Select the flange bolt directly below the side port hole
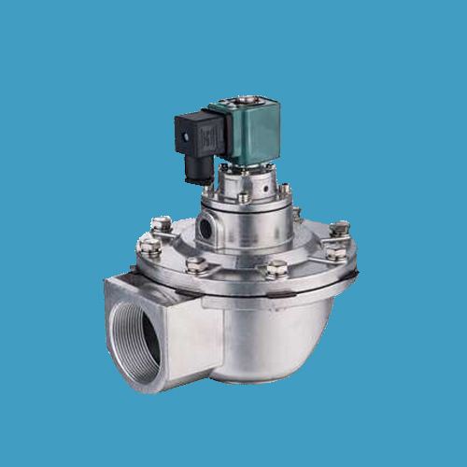pyautogui.click(x=196, y=264)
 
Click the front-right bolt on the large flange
pyautogui.click(x=275, y=270)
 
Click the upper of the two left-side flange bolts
pyautogui.click(x=161, y=223)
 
